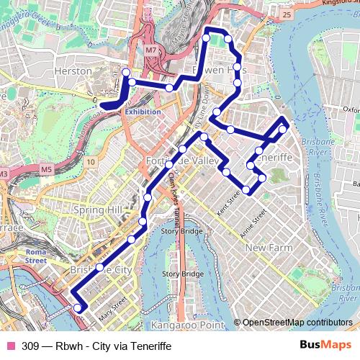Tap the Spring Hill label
98,210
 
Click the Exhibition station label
143,112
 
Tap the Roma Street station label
36,256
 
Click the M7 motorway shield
150,50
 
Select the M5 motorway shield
47,169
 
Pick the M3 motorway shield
4,174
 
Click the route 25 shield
287,14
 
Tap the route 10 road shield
90,162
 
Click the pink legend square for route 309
10,346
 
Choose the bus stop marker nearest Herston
126,72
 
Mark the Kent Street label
228,202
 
